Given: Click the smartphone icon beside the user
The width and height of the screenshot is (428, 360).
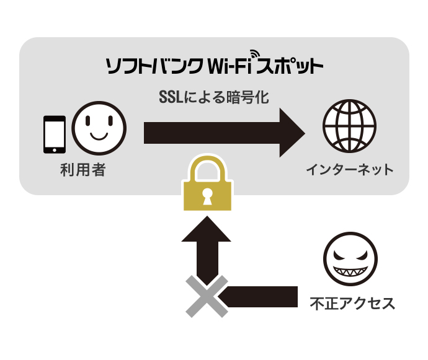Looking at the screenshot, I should (54, 134).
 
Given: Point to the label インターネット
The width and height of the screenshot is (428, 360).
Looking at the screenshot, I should (349, 169).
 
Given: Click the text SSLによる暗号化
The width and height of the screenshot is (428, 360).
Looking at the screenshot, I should (214, 97).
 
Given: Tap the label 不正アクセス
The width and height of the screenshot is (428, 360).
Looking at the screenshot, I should (352, 304).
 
